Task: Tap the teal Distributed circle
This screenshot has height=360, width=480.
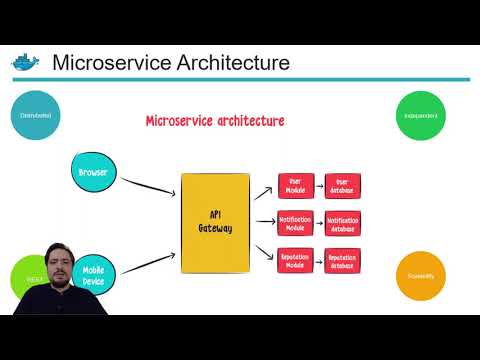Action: click(36, 116)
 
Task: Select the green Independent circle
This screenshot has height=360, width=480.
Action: click(421, 116)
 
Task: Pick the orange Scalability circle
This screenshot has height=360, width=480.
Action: click(421, 274)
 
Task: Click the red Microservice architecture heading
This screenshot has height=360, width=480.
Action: click(215, 121)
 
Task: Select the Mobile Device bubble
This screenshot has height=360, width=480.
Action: click(94, 274)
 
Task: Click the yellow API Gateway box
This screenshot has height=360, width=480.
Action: click(214, 222)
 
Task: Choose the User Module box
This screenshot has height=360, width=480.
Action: click(295, 186)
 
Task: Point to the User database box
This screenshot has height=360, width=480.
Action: click(342, 186)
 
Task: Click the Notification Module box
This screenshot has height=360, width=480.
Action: click(295, 223)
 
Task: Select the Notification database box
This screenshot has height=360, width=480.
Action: click(342, 223)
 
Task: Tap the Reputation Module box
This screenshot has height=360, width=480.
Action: click(295, 260)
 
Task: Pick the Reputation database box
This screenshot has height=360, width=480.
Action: click(342, 260)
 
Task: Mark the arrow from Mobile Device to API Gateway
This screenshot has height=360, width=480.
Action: click(147, 259)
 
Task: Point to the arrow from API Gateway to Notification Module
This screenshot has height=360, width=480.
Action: click(263, 223)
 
